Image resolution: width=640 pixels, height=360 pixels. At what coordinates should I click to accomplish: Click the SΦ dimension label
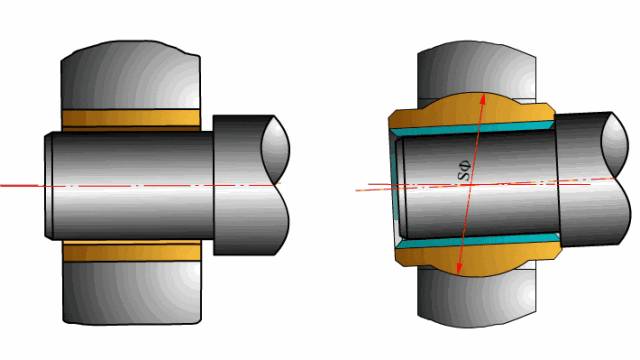point(464,171)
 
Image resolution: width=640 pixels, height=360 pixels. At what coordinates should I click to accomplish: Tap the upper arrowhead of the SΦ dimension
point(482,99)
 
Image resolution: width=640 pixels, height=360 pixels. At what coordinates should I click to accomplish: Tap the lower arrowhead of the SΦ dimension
point(459,269)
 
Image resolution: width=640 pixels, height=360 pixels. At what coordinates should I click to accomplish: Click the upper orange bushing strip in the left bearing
point(131,120)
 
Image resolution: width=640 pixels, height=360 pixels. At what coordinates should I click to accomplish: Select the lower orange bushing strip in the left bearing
point(132,251)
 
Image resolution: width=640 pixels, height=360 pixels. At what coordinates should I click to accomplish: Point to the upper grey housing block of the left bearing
point(131,75)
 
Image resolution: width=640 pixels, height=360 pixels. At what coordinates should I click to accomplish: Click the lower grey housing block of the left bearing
point(132,293)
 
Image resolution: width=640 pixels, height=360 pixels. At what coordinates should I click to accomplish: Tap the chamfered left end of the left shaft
point(49,185)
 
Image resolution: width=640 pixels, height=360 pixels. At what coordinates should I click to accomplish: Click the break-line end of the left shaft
point(276,185)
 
